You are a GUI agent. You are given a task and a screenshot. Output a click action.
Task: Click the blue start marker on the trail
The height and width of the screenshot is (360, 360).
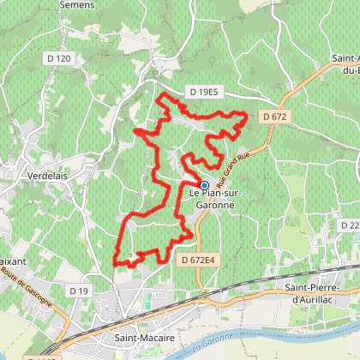(204, 184)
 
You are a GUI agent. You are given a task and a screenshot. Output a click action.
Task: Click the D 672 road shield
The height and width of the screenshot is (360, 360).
(274, 116)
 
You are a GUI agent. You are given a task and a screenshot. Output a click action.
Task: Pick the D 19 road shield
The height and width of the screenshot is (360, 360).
(79, 291)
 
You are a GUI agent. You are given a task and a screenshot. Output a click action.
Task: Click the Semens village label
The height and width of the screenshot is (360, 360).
(75, 4)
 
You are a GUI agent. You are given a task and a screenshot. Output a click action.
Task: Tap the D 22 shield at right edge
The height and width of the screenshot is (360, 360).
(350, 225)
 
